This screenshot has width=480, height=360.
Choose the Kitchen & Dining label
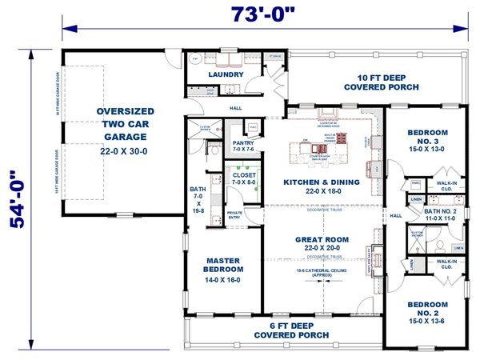pos(321,186)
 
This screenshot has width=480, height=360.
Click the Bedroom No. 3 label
pos(427,140)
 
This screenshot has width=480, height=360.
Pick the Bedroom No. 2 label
pos(427,309)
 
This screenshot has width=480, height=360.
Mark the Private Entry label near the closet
pos(236,214)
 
